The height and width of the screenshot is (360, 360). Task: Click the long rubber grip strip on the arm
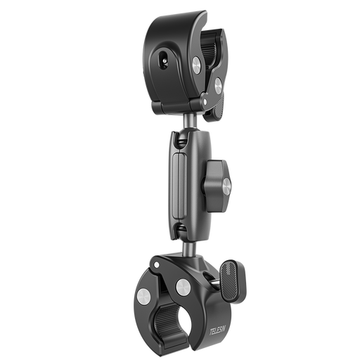pyautogui.click(x=179, y=186)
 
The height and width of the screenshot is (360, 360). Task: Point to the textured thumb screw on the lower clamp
pyautogui.click(x=233, y=281)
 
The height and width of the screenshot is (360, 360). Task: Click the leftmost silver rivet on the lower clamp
pyautogui.click(x=144, y=296)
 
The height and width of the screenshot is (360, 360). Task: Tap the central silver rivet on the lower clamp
pyautogui.click(x=184, y=287)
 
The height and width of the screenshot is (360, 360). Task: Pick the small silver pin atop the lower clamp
pyautogui.click(x=156, y=265)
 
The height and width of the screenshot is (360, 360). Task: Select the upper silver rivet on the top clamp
pyautogui.click(x=196, y=64)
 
